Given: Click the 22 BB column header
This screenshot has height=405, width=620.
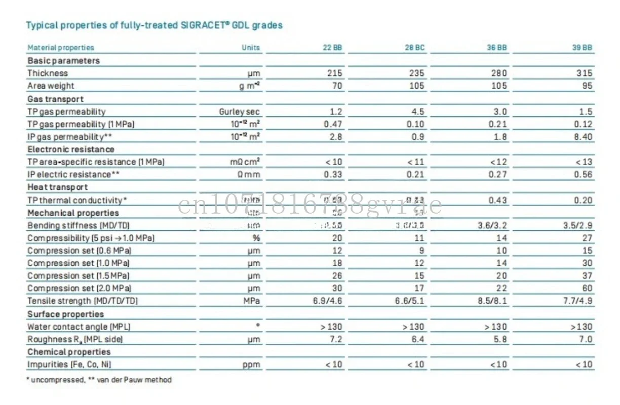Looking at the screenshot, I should pyautogui.click(x=332, y=48).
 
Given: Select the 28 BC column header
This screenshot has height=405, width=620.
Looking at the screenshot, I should pyautogui.click(x=415, y=48).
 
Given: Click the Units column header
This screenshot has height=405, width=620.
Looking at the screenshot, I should pyautogui.click(x=251, y=48).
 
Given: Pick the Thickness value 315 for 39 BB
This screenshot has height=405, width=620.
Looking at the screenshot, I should pyautogui.click(x=584, y=73).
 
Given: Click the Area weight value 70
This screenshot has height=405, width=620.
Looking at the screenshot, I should pyautogui.click(x=337, y=86).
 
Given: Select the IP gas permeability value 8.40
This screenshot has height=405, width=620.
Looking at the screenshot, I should pyautogui.click(x=583, y=137).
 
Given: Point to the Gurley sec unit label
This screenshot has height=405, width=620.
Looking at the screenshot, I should pyautogui.click(x=240, y=111).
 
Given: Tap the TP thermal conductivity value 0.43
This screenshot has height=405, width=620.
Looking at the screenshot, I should pyautogui.click(x=498, y=200).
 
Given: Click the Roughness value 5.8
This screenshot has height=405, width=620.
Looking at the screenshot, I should pyautogui.click(x=500, y=339).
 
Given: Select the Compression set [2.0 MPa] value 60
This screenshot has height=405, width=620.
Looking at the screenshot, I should pyautogui.click(x=587, y=289).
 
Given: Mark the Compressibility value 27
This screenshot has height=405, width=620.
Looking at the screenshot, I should pyautogui.click(x=587, y=238).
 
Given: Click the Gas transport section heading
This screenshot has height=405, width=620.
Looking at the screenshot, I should pyautogui.click(x=56, y=99).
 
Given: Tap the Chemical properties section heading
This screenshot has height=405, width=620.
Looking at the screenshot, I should pyautogui.click(x=69, y=352).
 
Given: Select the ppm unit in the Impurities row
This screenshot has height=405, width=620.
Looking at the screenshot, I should pyautogui.click(x=251, y=364).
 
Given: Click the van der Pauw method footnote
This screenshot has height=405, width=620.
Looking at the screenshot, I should pyautogui.click(x=132, y=380).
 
